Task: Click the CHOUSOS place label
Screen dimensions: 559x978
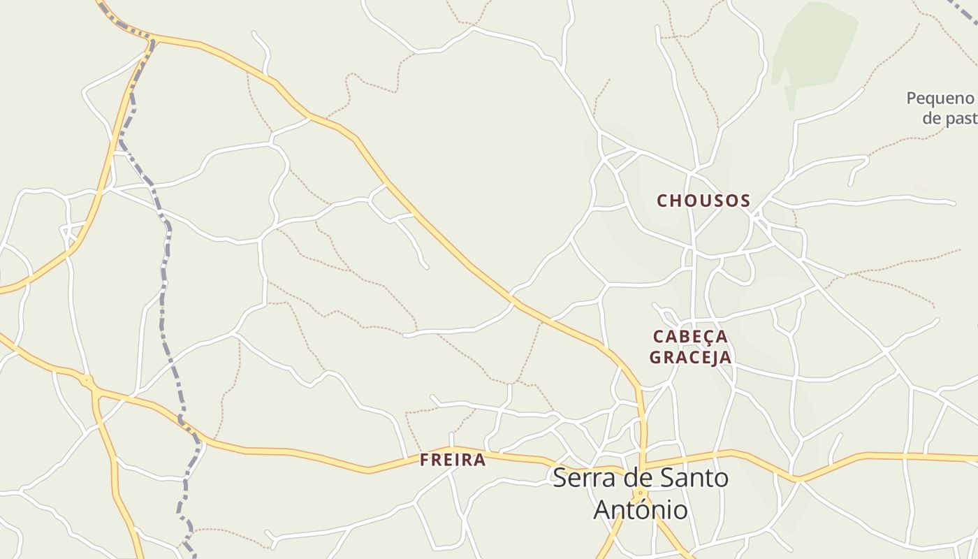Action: coord(703,201)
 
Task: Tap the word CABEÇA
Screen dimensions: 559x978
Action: coord(690,337)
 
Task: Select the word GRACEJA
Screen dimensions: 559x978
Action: coord(690,358)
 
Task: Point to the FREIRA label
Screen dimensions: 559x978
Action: coord(453,460)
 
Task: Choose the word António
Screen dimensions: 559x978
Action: coord(640,510)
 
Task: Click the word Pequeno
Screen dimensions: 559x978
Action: coord(940,99)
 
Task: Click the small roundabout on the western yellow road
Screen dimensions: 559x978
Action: coord(88,381)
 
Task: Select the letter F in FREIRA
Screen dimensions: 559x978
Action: coord(425,460)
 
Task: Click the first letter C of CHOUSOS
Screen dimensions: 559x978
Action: coord(663,201)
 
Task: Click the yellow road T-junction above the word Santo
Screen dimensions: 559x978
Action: coord(642,465)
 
